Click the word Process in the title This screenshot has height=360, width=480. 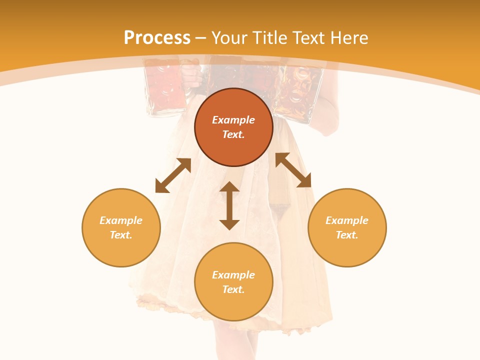coord(157,38)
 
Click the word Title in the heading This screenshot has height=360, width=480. coord(272,38)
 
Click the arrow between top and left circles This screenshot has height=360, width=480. coord(173,175)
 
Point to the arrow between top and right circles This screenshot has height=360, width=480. coord(293,170)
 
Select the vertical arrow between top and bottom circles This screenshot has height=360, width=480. coord(229,205)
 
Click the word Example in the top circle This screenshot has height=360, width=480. coord(233,120)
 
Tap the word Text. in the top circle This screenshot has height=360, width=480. coord(233,134)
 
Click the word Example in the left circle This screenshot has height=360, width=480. coord(121,220)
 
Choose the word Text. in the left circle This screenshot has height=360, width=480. coord(121,235)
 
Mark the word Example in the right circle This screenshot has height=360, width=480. coord(347,220)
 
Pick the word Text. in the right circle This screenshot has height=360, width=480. coord(347,235)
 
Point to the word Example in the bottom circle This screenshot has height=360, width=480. coord(233,275)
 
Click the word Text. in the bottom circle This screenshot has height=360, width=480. coord(233,289)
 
